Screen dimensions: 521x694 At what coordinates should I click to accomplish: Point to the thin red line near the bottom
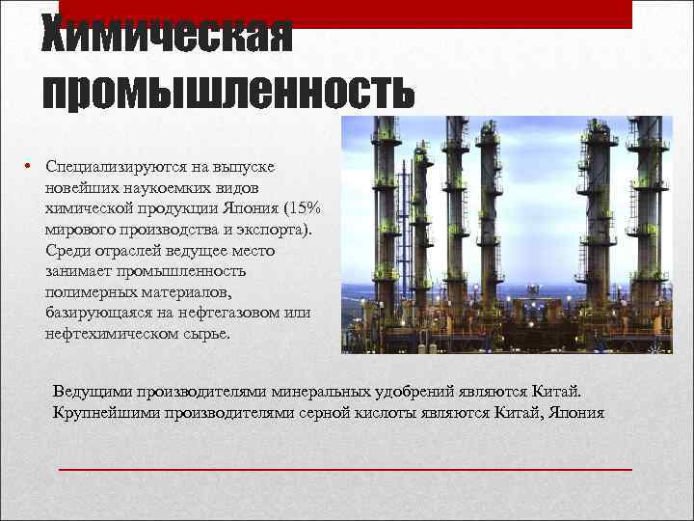345,470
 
